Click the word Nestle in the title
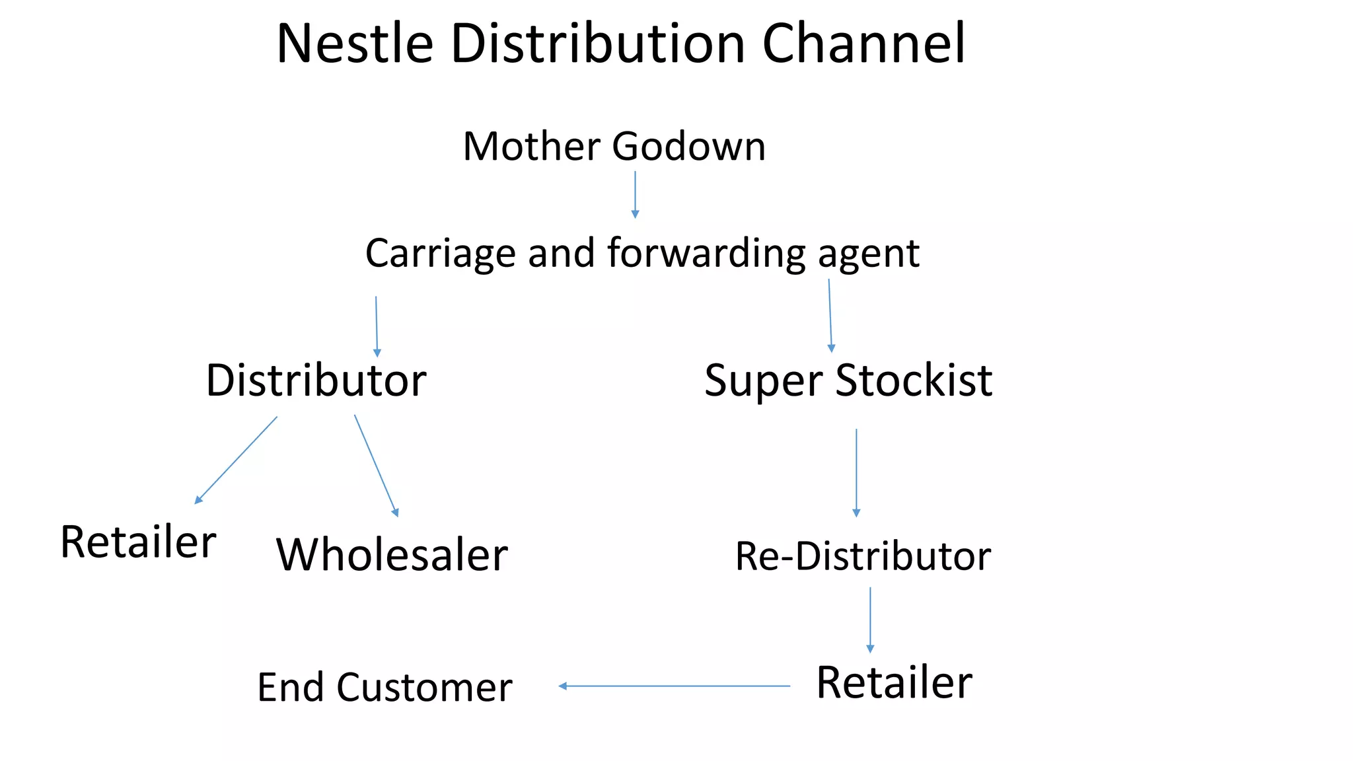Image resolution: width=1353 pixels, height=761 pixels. click(355, 44)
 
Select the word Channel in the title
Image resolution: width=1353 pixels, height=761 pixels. click(863, 44)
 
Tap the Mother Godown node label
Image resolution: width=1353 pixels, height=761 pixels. click(614, 146)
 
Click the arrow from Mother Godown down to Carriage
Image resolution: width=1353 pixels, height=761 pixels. click(635, 194)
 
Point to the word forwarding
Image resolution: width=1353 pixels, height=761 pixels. click(706, 254)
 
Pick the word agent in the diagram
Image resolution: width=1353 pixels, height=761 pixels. click(868, 255)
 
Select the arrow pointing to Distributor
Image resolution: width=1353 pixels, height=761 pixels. click(377, 326)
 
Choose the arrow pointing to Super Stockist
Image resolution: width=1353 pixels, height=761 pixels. click(830, 316)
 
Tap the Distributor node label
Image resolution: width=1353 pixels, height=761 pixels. click(316, 380)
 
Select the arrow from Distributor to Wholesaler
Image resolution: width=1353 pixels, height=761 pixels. click(376, 465)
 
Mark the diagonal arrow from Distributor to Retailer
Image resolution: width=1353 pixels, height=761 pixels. click(236, 460)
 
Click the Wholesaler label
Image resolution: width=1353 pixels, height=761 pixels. click(392, 555)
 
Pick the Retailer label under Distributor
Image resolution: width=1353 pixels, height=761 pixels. click(138, 542)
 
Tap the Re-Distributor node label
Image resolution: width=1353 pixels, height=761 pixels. click(863, 556)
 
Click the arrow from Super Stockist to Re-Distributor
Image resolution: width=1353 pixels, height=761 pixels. click(856, 472)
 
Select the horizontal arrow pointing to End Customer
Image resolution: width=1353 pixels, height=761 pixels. click(674, 686)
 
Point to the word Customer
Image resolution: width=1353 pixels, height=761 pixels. click(424, 688)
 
